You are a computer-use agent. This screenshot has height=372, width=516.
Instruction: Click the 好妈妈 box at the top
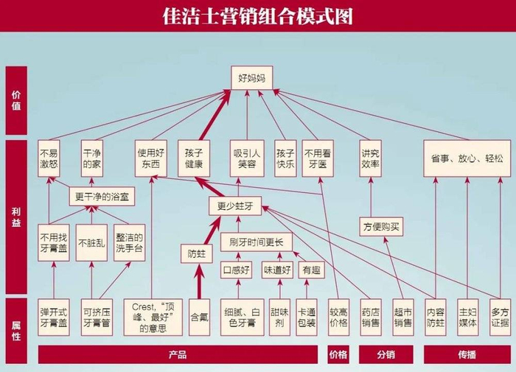click(252, 78)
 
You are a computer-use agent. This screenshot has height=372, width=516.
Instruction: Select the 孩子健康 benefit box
click(194, 158)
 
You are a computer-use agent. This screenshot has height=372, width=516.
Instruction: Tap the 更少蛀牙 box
click(235, 206)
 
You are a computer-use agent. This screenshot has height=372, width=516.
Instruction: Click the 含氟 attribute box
click(200, 317)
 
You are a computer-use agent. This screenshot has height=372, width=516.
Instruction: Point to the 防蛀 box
click(197, 254)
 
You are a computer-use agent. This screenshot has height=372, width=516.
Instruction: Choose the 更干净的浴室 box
click(102, 197)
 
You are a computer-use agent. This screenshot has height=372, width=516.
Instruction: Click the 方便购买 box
click(381, 227)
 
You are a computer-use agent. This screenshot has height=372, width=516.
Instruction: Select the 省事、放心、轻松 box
click(467, 158)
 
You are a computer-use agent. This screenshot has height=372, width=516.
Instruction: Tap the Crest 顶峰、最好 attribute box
click(153, 317)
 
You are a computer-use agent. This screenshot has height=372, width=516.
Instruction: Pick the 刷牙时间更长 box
click(257, 242)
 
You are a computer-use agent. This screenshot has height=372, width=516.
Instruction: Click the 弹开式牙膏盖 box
click(54, 317)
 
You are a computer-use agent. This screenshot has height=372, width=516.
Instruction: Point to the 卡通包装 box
click(307, 317)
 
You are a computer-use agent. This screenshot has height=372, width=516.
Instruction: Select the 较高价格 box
click(338, 317)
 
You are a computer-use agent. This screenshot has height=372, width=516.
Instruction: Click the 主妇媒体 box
click(467, 317)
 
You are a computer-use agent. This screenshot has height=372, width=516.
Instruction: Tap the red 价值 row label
click(16, 100)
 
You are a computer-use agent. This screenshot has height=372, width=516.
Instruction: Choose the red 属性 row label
click(16, 331)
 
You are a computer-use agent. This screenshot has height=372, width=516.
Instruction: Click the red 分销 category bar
click(386, 354)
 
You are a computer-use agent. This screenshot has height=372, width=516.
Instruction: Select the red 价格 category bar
click(338, 354)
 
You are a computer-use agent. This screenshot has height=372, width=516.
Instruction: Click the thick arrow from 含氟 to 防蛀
click(199, 281)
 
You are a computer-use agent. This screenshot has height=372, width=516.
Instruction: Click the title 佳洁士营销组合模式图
click(258, 16)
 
